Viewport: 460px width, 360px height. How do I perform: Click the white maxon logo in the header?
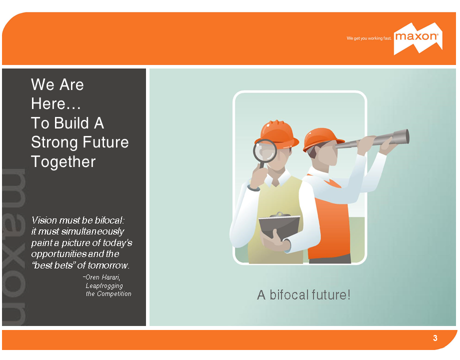(418, 38)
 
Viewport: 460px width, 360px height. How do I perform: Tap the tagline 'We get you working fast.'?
(369, 38)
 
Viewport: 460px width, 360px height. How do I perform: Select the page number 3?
(435, 338)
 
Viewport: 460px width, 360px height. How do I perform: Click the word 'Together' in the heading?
(63, 162)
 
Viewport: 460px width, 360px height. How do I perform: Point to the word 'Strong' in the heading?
(55, 142)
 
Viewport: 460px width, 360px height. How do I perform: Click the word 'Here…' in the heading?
(55, 104)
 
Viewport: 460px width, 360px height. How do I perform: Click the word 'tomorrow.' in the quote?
(108, 265)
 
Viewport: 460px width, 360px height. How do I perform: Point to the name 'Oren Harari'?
(102, 277)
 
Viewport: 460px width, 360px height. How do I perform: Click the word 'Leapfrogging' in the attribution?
(104, 286)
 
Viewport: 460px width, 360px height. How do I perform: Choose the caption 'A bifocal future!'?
(303, 295)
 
